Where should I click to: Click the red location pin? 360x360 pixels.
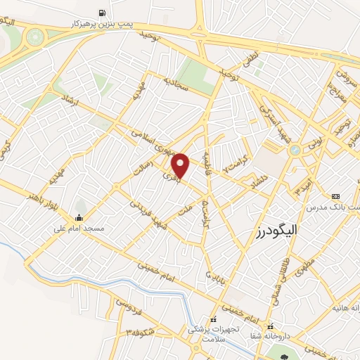coord(181,165)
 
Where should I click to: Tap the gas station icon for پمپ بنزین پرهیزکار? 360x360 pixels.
coord(103,13)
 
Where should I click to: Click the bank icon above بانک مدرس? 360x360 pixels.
coord(335,196)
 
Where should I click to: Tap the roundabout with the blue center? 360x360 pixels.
coord(294,150)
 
